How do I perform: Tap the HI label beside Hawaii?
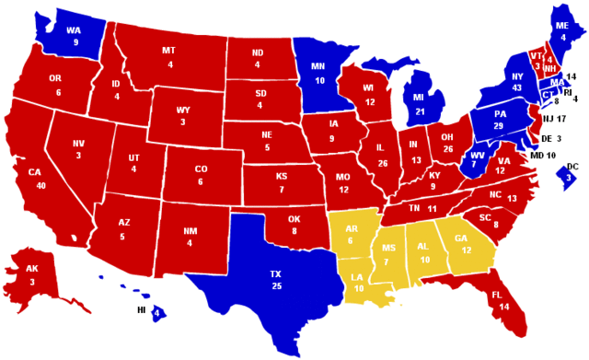[x=142, y=311]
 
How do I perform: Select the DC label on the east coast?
[x=572, y=167]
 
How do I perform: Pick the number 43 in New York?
[x=517, y=87]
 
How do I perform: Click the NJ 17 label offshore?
[x=554, y=119]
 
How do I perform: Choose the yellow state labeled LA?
[x=357, y=279]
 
